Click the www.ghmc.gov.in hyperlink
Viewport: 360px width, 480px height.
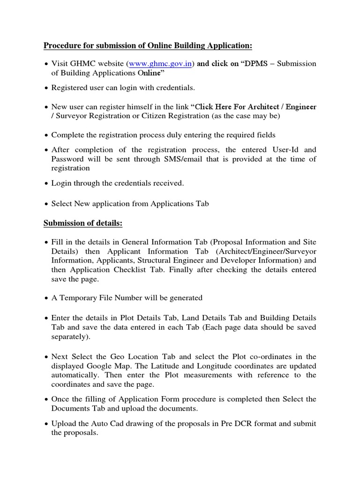pyautogui.click(x=160, y=64)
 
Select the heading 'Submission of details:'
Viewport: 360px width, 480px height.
pyautogui.click(x=83, y=224)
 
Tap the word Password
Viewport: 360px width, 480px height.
pyautogui.click(x=67, y=159)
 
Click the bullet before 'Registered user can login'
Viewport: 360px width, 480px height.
pyautogui.click(x=46, y=88)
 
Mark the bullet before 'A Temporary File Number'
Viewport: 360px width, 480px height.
pyautogui.click(x=46, y=298)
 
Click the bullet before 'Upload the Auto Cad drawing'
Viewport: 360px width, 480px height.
pyautogui.click(x=46, y=424)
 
